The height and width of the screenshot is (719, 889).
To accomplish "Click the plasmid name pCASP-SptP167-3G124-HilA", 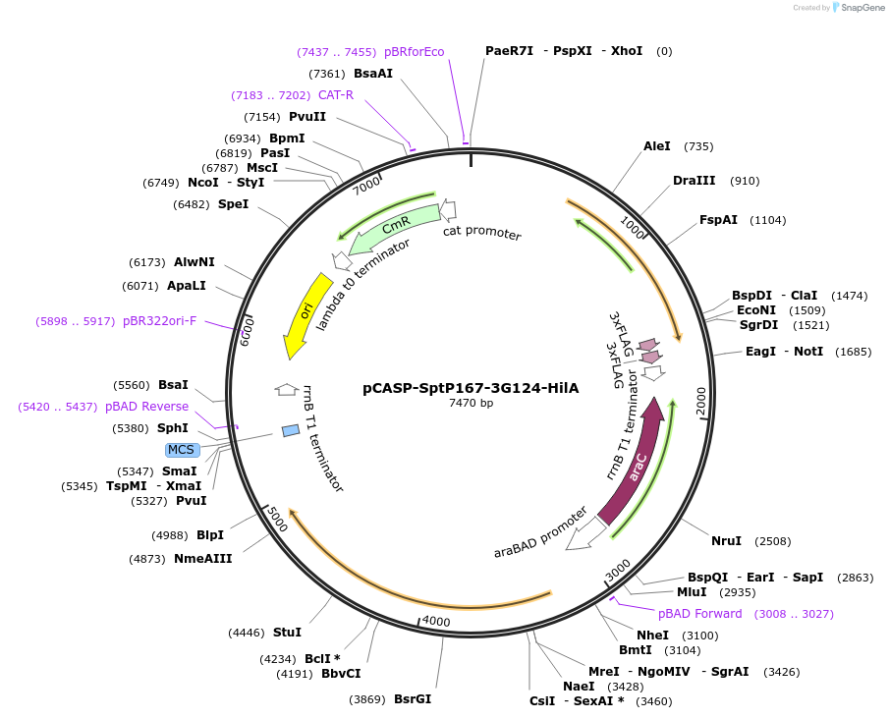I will point(471,388).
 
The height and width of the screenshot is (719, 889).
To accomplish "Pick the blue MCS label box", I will point(182,450).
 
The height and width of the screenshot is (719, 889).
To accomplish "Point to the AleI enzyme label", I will point(657,146).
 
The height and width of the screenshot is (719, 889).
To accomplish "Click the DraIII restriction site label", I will point(694,181).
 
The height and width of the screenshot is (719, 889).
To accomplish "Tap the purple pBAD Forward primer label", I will point(700,614).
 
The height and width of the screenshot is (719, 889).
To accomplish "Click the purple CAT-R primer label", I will point(335,95).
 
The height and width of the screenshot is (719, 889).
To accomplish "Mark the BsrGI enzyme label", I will point(413,699).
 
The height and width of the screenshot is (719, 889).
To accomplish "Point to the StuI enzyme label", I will point(287,633).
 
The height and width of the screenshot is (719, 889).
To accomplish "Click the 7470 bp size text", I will point(471,403).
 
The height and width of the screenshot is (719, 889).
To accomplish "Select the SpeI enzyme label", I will point(233,204).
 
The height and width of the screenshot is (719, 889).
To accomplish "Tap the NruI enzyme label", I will point(726,541).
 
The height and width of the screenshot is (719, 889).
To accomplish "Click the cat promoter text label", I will point(481,233).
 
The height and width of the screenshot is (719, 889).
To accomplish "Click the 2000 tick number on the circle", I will point(700,401).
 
